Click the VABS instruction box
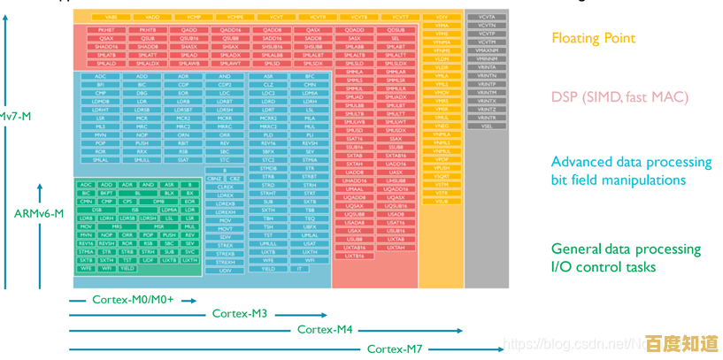point(111,17)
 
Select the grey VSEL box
point(487,126)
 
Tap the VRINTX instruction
point(487,101)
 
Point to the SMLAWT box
point(230,64)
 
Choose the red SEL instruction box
point(395,39)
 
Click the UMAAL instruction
point(354,188)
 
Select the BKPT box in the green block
point(106,193)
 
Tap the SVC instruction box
point(190,251)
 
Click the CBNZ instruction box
point(214,178)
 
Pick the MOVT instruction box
point(225,228)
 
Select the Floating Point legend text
point(593,38)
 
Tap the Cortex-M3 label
point(240,313)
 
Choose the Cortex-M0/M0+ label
point(133,299)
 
